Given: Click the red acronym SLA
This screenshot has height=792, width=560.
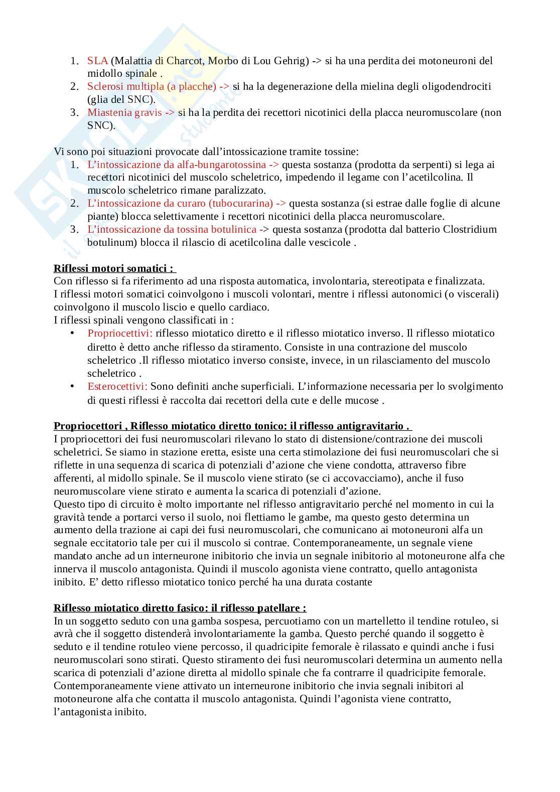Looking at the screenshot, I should [97, 61].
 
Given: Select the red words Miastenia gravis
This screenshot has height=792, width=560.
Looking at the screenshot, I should [124, 112].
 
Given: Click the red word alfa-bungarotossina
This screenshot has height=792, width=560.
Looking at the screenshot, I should [221, 165].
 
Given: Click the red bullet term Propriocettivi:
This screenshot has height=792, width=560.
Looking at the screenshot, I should [120, 334].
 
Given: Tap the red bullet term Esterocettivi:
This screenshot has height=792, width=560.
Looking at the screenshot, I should [117, 386].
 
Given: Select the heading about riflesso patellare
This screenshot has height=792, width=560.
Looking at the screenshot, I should [180, 608].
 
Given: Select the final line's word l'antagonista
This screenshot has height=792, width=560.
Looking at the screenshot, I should [82, 712].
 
